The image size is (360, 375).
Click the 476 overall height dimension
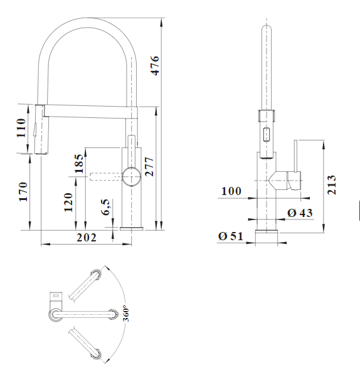[154, 65]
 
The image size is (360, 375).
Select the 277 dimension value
[149, 167]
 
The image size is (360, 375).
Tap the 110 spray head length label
[21, 128]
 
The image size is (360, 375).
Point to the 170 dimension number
[23, 191]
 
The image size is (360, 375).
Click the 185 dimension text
[79, 164]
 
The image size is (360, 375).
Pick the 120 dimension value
[68, 203]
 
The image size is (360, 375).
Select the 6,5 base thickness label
[105, 207]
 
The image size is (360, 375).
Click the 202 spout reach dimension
[87, 238]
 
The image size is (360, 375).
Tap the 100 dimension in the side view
[231, 191]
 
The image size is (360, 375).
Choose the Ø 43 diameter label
[300, 213]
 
